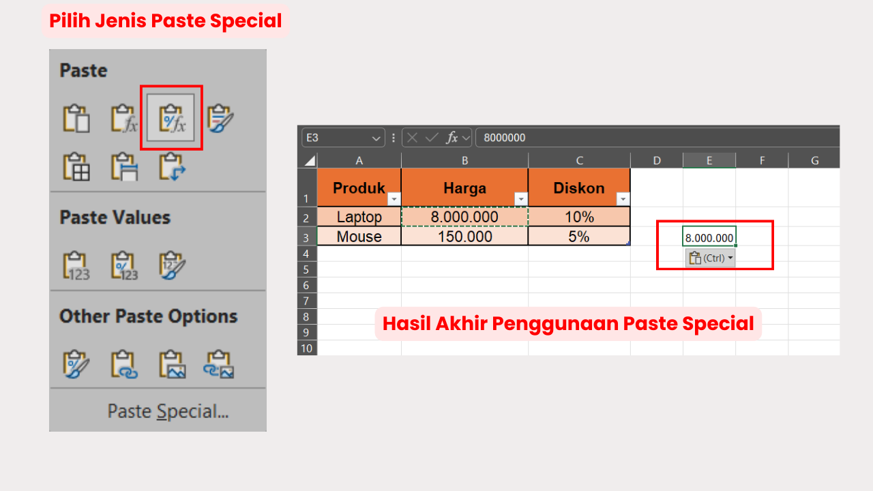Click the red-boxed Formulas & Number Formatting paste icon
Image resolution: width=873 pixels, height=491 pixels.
[171, 117]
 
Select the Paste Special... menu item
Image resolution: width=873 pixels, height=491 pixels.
[168, 411]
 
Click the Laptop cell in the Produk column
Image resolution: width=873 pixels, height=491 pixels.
[359, 218]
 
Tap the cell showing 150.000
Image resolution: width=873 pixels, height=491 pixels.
[464, 237]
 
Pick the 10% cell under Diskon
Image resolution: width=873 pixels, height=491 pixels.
[578, 218]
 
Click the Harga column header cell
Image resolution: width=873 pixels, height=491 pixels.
[464, 188]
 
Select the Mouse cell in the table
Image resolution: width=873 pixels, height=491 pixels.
[359, 237]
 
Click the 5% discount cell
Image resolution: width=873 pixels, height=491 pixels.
[578, 237]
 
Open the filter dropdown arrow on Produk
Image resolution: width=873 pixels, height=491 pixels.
[394, 199]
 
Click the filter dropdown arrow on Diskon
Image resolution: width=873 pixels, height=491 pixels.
[623, 199]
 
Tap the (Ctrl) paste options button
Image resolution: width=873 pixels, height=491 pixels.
[710, 258]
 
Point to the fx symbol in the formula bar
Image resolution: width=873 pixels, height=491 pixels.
[452, 138]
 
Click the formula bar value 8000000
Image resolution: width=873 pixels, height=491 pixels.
[505, 138]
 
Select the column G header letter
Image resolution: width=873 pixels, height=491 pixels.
[814, 160]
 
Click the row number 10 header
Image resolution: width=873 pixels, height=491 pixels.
[307, 348]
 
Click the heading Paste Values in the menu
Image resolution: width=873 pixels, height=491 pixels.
[115, 218]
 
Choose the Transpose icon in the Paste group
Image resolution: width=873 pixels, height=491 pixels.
[172, 166]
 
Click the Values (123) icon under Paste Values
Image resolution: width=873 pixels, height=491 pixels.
[76, 265]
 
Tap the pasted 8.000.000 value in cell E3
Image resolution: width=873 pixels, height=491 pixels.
[709, 238]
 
